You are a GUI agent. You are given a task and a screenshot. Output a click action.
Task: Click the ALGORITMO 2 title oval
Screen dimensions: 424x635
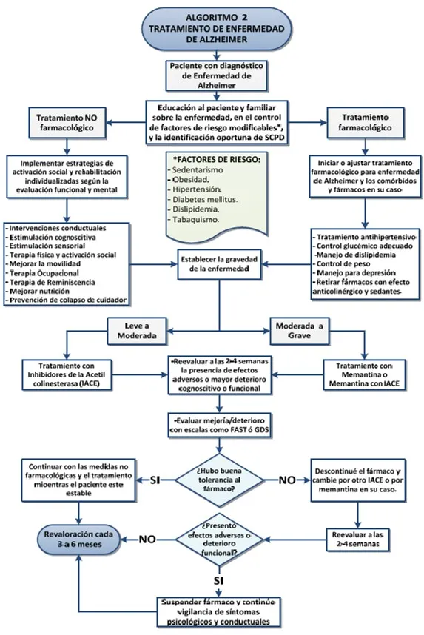217,29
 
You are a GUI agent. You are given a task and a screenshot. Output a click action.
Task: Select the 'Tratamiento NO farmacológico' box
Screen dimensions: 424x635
67,123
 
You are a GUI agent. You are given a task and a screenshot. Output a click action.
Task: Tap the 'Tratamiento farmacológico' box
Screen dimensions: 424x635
365,122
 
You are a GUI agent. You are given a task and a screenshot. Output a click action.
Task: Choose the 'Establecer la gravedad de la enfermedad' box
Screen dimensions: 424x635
219,264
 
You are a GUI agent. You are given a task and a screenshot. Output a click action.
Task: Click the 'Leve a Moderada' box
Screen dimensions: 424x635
137,331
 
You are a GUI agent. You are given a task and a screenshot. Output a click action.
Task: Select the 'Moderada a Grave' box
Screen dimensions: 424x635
299,331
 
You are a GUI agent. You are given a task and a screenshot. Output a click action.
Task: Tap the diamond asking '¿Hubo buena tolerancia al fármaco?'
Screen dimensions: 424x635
219,480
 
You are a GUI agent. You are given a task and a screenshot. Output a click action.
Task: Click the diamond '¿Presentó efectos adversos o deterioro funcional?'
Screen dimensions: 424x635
219,540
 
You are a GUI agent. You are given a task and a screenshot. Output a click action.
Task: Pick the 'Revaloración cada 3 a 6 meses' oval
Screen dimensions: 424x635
78,539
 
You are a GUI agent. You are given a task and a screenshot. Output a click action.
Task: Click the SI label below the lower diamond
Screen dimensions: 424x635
219,581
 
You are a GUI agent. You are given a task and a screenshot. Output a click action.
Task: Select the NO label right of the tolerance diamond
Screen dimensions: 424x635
286,480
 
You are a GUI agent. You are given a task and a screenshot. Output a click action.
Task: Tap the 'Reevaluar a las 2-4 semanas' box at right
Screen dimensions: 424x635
357,540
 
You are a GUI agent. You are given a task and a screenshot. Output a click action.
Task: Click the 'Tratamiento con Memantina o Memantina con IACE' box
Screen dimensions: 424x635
364,374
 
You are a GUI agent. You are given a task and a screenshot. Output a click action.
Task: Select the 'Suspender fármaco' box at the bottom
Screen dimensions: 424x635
219,612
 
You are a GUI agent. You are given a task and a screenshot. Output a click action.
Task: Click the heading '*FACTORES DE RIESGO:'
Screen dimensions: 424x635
217,160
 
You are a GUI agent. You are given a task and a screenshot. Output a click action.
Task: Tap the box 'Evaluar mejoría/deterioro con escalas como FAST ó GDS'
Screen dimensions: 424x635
219,425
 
